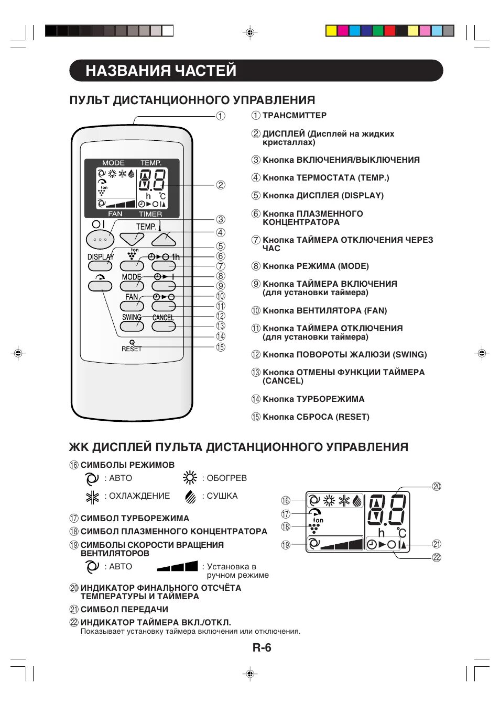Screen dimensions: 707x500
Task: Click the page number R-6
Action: [x=262, y=648]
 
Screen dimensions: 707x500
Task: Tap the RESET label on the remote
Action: [x=132, y=349]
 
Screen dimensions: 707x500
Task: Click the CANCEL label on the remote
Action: [x=163, y=318]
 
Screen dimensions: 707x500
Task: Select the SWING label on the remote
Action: [x=132, y=317]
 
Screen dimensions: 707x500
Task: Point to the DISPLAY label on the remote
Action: [x=100, y=257]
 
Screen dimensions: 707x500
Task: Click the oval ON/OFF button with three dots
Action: [x=100, y=239]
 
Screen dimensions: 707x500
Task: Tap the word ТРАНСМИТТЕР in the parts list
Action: [x=294, y=116]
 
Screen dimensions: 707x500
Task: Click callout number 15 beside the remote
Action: [x=221, y=347]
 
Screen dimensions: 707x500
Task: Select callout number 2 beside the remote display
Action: [x=221, y=185]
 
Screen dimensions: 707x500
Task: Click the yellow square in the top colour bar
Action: [x=331, y=31]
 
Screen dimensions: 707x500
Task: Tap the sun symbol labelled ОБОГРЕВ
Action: [x=190, y=478]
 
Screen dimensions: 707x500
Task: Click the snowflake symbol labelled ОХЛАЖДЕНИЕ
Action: [x=92, y=496]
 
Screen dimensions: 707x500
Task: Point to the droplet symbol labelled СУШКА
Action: [x=190, y=496]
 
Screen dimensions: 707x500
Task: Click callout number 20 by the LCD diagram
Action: [x=437, y=487]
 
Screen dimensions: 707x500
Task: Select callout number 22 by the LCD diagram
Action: [x=437, y=558]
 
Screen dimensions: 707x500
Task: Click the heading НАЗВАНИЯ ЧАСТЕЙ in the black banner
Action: [x=161, y=71]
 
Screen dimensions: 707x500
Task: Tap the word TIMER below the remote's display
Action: [x=150, y=214]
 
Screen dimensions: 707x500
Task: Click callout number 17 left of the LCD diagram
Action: [x=286, y=514]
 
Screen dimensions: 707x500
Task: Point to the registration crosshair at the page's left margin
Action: [x=18, y=354]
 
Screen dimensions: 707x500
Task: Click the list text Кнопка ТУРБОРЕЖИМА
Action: [x=313, y=399]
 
